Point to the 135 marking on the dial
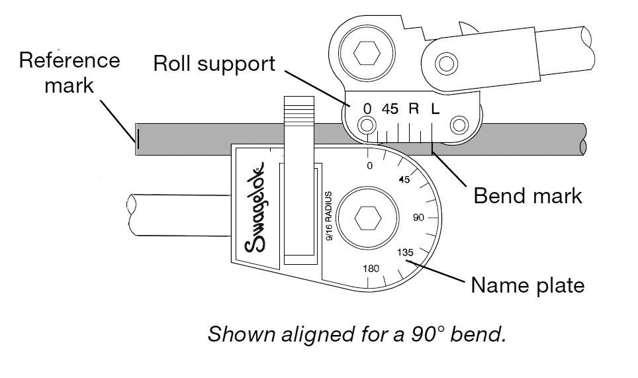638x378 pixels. tap(405, 253)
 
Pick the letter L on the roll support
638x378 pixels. tap(435, 109)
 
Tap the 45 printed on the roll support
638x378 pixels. tap(390, 109)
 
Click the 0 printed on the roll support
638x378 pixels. tap(367, 109)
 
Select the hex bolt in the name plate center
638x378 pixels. tap(366, 217)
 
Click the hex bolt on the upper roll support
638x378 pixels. tap(365, 54)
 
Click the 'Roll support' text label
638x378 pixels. tap(214, 64)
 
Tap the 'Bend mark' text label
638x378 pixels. tap(527, 196)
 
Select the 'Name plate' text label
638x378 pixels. tap(527, 285)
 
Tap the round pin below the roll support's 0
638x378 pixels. tap(365, 125)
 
